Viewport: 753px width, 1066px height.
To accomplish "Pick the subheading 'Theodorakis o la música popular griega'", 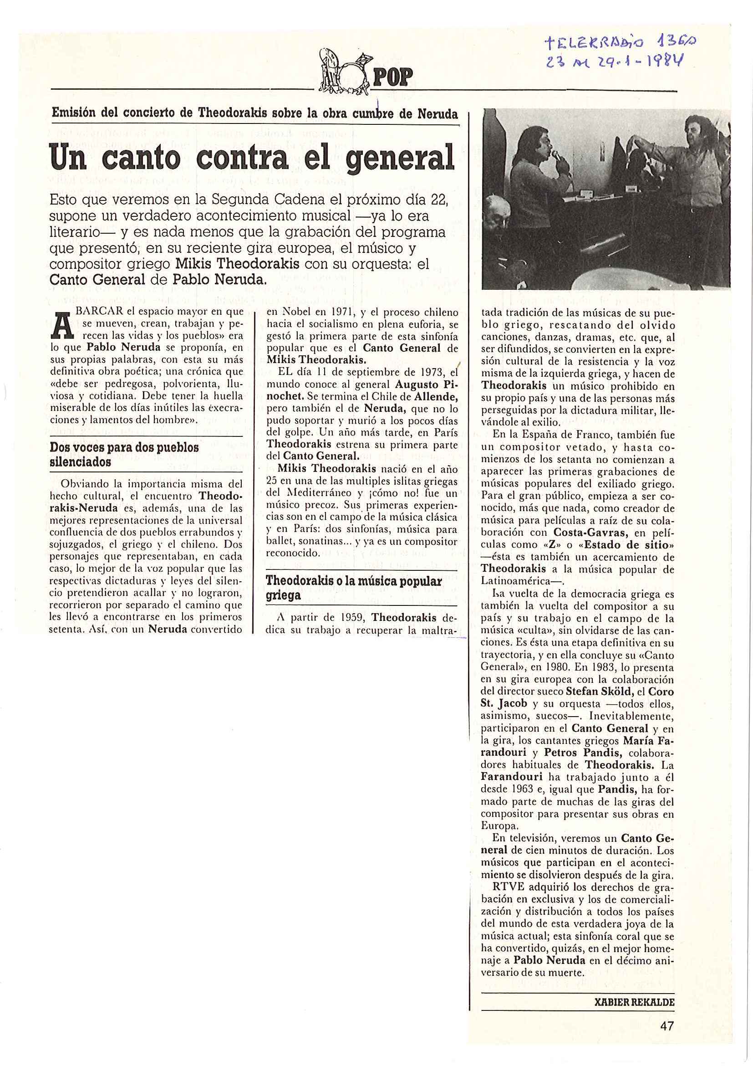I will click(354, 588).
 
